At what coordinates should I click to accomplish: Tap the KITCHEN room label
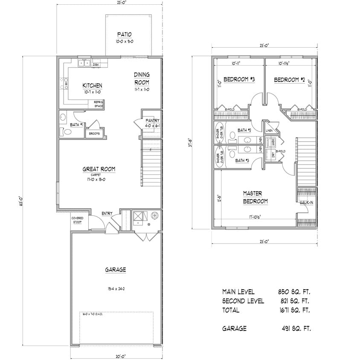92,85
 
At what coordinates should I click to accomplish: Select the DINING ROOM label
141,78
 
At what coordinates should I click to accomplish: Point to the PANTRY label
152,121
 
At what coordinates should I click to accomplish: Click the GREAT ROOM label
99,169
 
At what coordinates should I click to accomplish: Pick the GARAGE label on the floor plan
115,270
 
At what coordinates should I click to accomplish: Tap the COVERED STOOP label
77,219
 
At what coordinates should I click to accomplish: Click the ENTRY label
107,214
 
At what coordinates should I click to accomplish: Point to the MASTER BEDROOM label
255,197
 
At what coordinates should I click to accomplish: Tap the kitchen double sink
83,64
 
